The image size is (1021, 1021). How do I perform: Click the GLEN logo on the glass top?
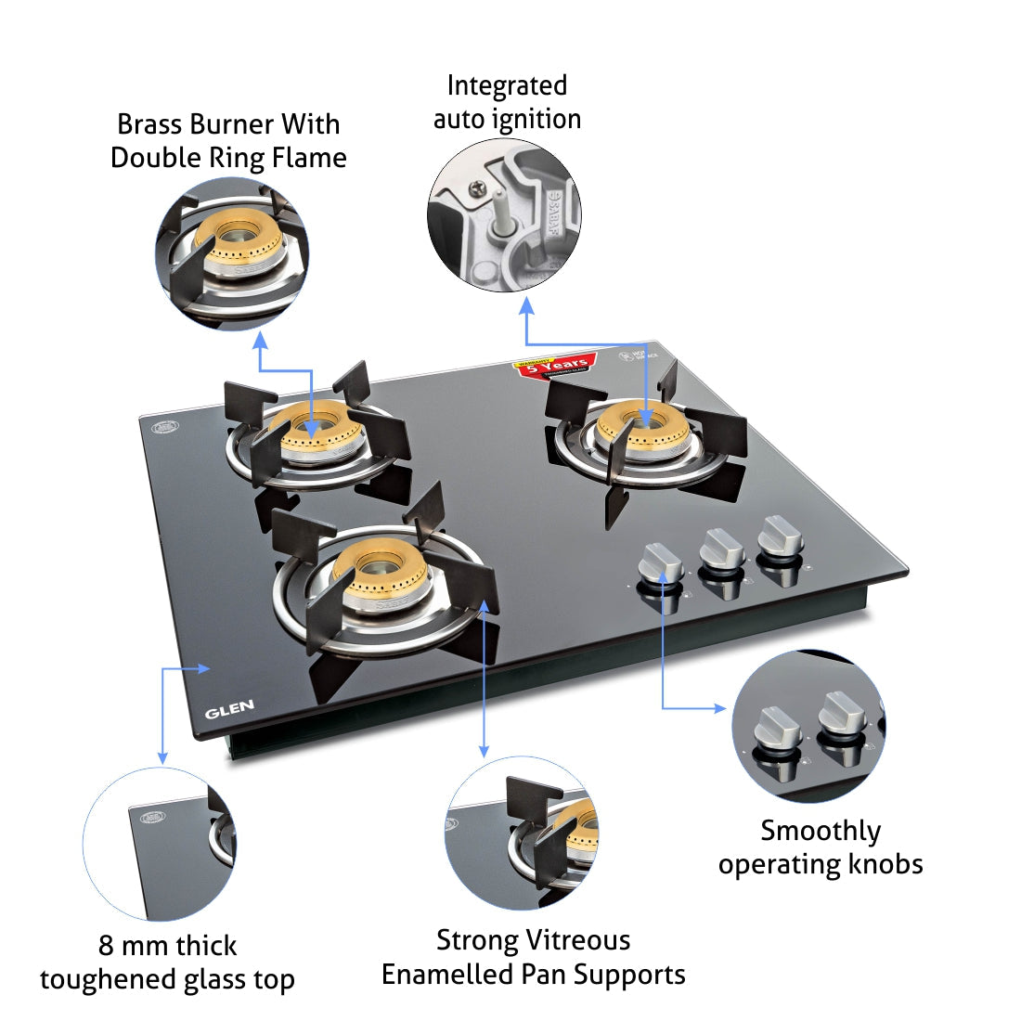tap(229, 711)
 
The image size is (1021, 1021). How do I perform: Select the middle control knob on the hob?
tap(720, 551)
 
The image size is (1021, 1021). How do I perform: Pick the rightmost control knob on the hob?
tap(778, 540)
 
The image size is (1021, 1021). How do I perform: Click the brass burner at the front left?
tap(380, 566)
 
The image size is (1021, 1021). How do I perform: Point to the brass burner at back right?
tap(642, 426)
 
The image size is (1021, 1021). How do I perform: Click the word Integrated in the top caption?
tap(507, 85)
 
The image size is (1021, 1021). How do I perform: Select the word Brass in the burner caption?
tap(150, 124)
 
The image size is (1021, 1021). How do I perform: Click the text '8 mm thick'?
tap(167, 946)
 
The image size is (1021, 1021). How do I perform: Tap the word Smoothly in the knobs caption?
tap(821, 831)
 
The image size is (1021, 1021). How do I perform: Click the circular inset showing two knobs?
tap(808, 727)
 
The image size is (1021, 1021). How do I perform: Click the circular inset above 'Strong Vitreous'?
tap(522, 834)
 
